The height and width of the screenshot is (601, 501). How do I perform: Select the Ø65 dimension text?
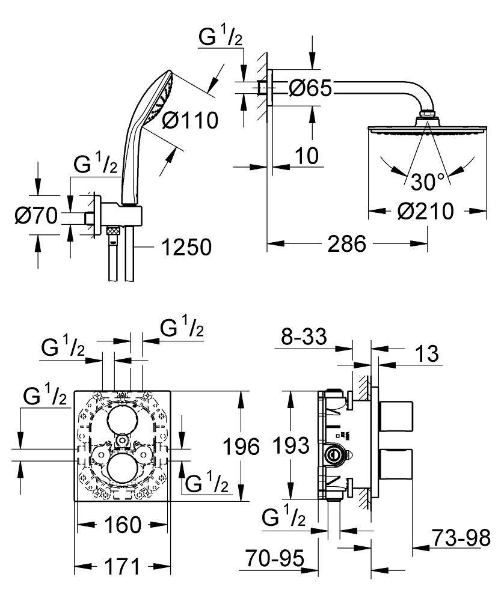coord(310,88)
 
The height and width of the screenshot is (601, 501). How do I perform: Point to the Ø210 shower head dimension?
coord(426,211)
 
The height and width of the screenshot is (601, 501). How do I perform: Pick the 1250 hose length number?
coord(186,246)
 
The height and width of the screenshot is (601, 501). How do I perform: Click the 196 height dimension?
coord(241,447)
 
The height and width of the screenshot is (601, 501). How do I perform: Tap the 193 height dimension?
coord(290,445)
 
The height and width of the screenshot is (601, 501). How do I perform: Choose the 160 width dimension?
coord(122,525)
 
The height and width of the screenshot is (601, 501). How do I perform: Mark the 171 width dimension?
coord(122,566)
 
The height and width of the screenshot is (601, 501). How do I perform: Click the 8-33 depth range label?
coord(304,337)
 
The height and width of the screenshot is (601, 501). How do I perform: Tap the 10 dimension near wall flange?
coord(306,156)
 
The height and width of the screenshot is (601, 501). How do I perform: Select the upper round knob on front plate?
coord(123,423)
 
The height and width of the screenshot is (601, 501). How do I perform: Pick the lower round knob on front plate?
coord(123,467)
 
